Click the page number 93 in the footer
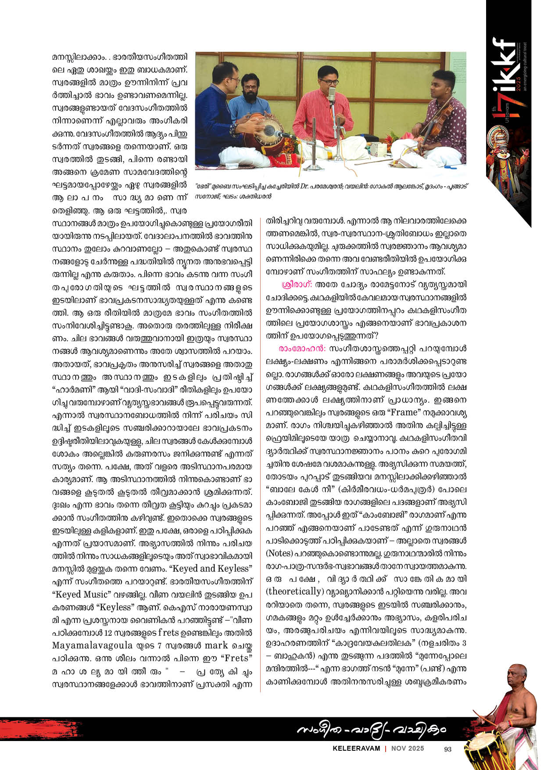[x=447, y=749]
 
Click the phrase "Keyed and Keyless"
[x=211, y=569]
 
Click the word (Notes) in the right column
[x=279, y=553]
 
